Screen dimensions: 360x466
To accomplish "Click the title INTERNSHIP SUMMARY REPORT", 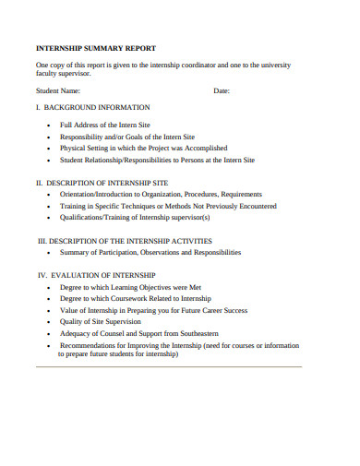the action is coord(95,47).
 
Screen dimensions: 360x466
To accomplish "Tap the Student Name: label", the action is coord(58,91).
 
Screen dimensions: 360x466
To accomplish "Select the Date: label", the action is coord(222,91).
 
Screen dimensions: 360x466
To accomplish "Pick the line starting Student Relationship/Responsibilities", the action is coord(157,160).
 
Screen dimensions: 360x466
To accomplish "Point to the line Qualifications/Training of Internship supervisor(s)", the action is coord(135,219).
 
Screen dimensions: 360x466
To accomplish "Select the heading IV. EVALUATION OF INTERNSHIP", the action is coord(96,275).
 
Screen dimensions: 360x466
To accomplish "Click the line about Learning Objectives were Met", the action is coord(130,287).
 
